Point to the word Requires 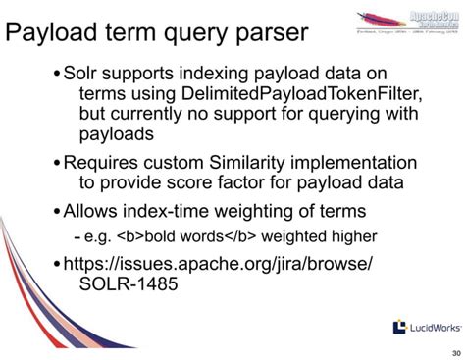pos(106,161)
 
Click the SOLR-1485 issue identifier pos(127,283)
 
